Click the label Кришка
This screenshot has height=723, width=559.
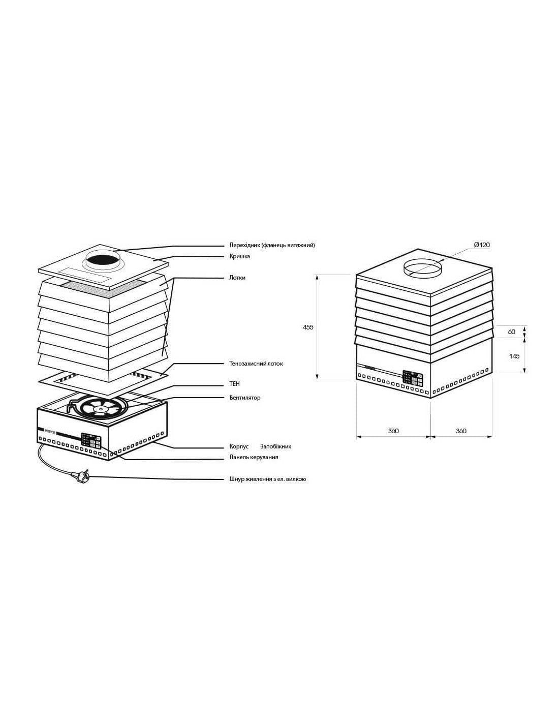coord(239,256)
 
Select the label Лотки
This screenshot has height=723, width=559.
coord(237,278)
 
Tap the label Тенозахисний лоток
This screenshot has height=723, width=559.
coord(256,364)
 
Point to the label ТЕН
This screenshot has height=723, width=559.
coord(234,384)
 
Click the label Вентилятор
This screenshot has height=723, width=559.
coord(245,398)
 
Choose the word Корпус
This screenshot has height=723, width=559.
coord(239,446)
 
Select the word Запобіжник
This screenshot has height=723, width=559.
coord(275,446)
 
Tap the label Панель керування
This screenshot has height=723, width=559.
coord(254,457)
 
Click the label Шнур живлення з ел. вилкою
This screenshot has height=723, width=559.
coord(268,479)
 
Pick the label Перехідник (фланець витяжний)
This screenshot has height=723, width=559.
coord(272,245)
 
